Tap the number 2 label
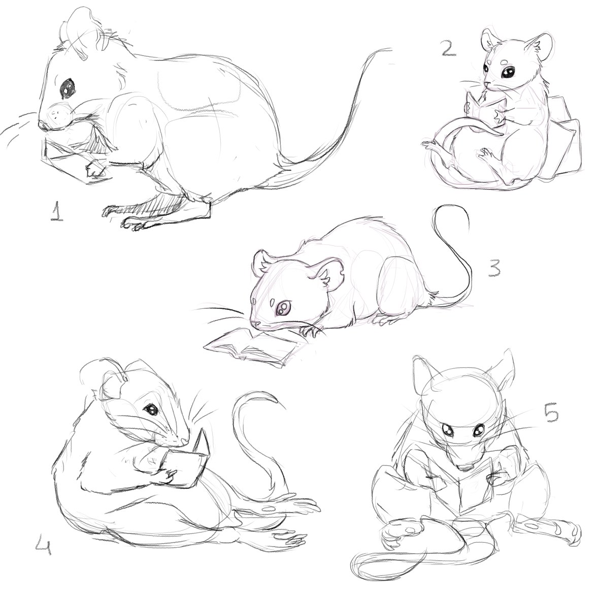448,48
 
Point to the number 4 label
43,545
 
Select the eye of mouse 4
151,409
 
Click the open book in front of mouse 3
252,346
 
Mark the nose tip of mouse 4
185,442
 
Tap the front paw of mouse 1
95,170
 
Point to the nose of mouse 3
255,324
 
